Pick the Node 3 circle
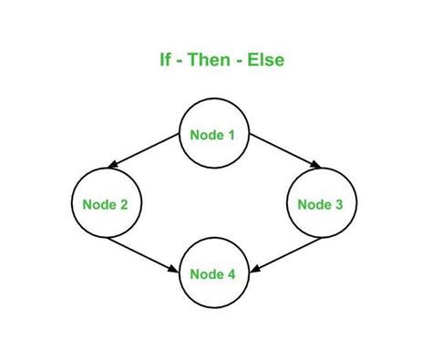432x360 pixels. pyautogui.click(x=320, y=204)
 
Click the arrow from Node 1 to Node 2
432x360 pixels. pyautogui.click(x=145, y=151)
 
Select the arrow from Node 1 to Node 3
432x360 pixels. pyautogui.click(x=283, y=151)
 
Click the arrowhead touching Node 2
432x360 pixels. pyautogui.click(x=112, y=167)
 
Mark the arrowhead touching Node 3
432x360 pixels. pyautogui.click(x=316, y=167)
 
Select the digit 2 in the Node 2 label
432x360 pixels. pyautogui.click(x=124, y=204)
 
